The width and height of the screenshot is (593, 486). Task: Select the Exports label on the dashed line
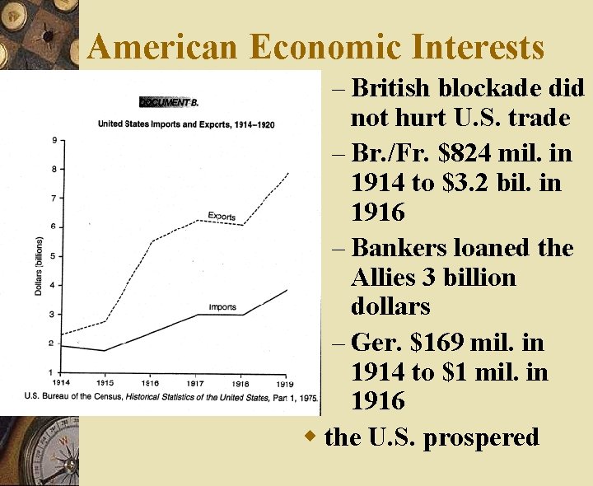(222, 217)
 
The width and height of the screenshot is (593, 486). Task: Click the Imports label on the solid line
(222, 307)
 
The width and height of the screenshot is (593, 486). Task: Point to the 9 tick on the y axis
(54, 140)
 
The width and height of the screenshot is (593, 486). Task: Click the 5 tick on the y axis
(54, 256)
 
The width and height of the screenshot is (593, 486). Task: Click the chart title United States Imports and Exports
(186, 124)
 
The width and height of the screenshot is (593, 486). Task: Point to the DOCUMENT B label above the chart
(169, 103)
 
